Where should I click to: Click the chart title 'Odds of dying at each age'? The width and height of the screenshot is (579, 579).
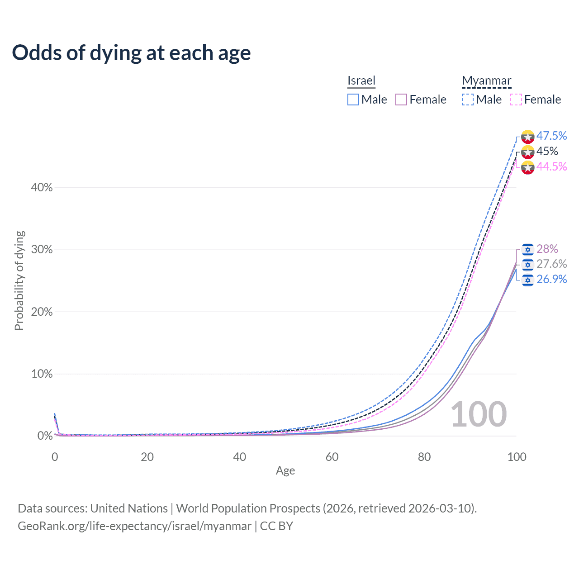pos(131,53)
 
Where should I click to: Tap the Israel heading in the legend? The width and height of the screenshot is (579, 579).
pos(361,81)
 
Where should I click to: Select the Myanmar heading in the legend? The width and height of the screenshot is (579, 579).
pos(486,81)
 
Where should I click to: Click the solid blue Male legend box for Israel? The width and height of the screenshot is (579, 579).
pos(353,100)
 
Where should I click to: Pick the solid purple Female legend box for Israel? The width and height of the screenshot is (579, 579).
pos(401,100)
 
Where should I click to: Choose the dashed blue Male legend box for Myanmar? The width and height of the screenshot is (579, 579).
pos(468,100)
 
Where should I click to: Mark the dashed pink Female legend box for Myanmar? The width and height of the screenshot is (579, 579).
pos(516,100)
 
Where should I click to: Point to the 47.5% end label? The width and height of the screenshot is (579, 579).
pos(551,136)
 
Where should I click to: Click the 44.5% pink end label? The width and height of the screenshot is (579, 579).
pos(551,166)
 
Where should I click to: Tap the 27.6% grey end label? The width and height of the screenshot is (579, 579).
pos(551,264)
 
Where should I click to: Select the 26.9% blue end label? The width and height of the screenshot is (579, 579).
pos(551,279)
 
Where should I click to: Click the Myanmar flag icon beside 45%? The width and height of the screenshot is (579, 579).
pos(527,152)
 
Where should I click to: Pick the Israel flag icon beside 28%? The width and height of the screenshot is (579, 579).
pos(527,249)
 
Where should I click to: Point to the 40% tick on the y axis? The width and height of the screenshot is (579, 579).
pos(42,187)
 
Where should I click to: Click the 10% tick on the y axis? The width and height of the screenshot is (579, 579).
pos(42,374)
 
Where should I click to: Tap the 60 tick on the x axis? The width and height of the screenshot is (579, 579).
pos(332,457)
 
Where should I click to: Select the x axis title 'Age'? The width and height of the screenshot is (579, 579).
pos(285,470)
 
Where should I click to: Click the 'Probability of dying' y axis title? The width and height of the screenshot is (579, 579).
pos(19,280)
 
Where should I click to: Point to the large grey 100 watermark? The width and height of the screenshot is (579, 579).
pos(479,414)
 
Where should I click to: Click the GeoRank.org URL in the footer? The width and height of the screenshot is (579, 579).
pos(134,526)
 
